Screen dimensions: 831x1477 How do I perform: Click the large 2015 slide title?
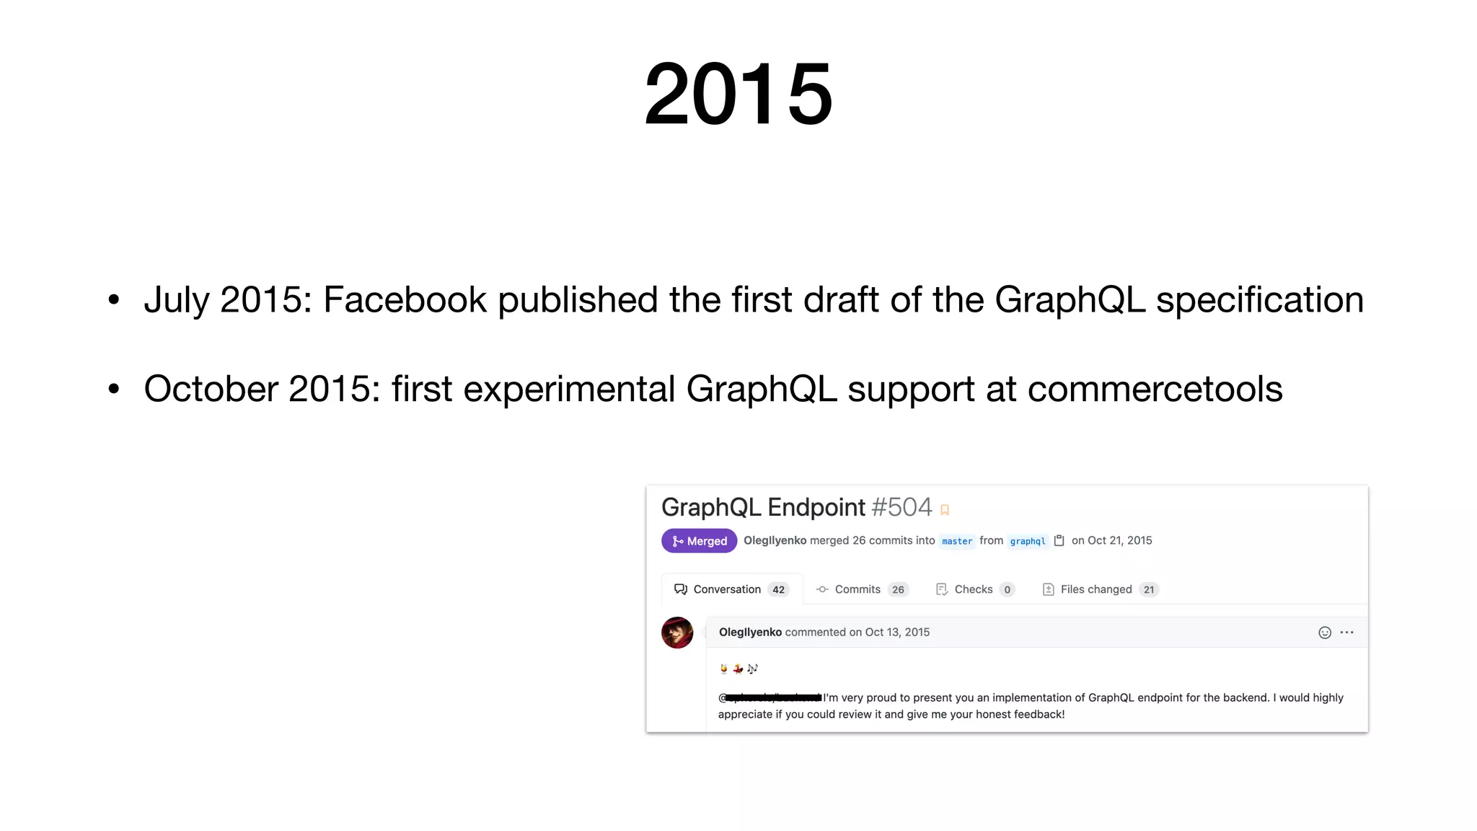pos(738,94)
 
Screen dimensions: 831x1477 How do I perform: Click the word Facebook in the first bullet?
pos(405,299)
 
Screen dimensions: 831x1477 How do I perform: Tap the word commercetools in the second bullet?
pos(1155,389)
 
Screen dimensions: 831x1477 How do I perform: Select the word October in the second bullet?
pos(211,389)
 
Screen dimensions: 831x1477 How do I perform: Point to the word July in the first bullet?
pos(177,299)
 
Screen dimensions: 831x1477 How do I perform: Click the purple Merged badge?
pos(699,541)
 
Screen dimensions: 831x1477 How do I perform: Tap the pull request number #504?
pos(901,507)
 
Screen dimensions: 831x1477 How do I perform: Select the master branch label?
pos(956,541)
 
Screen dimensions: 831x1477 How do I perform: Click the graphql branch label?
pos(1027,541)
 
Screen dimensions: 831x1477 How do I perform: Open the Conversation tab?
pos(726,589)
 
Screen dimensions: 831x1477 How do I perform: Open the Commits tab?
pos(857,589)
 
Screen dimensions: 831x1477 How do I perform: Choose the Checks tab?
pos(973,589)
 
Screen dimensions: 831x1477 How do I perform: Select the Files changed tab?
pos(1095,589)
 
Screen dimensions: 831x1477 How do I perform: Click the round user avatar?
pos(677,633)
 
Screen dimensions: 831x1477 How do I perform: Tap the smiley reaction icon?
pos(1325,633)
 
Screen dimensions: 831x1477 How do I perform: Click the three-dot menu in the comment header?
pos(1347,633)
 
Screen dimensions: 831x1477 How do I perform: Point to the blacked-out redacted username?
pos(773,698)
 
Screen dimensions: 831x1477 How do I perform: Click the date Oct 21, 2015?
pos(1119,540)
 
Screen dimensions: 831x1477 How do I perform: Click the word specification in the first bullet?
pos(1260,299)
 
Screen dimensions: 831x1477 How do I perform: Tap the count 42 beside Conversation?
pos(778,589)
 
